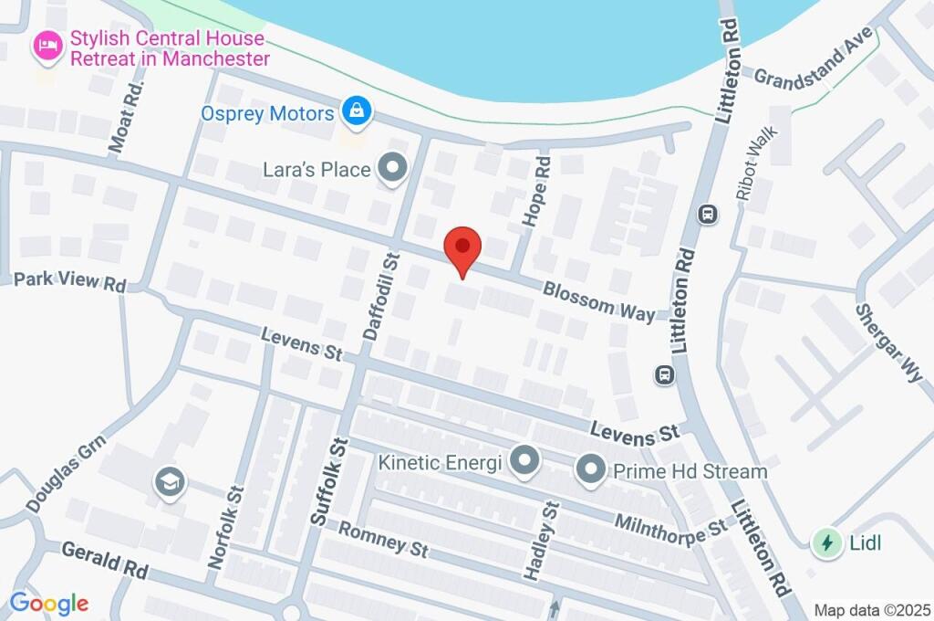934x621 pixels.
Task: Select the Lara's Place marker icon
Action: [394, 168]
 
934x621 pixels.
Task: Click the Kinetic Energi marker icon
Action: [524, 461]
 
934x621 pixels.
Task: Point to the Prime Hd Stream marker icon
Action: [590, 470]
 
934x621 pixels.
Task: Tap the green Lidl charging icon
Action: [826, 542]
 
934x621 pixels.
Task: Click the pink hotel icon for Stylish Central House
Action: [47, 46]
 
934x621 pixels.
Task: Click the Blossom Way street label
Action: [598, 300]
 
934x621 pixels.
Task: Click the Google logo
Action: [49, 603]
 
